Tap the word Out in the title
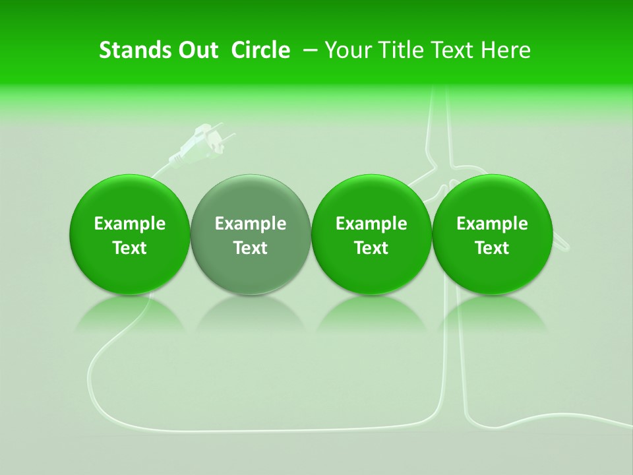[x=196, y=50]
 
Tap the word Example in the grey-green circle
[x=251, y=224]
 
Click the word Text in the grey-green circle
[x=251, y=248]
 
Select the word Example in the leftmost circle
[x=130, y=224]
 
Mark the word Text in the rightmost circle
[x=492, y=248]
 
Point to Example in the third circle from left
[x=371, y=224]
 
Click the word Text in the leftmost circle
[x=130, y=248]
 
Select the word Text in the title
[x=452, y=50]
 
